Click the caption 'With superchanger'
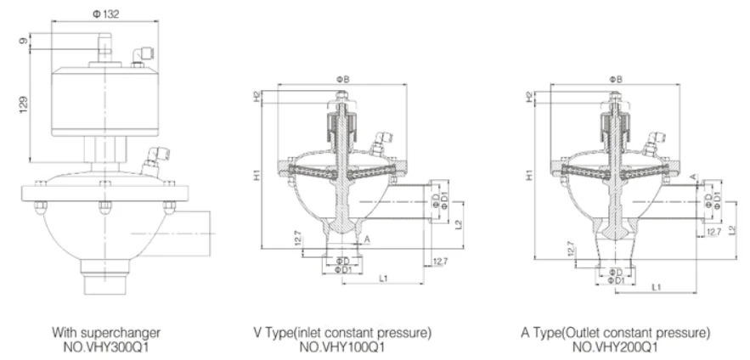tap(106, 331)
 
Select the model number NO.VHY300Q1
tap(106, 346)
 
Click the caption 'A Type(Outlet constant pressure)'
tap(616, 331)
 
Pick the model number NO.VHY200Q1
tap(616, 346)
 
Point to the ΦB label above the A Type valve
tap(615, 79)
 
